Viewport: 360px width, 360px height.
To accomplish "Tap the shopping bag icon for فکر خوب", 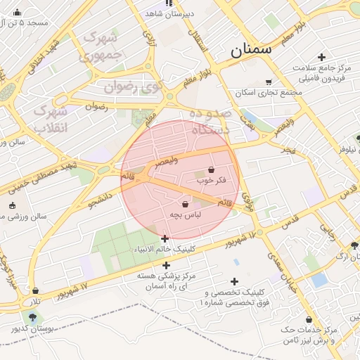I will [211, 169].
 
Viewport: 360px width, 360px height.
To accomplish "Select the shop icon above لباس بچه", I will [185, 204].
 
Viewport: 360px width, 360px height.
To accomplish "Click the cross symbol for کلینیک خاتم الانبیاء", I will [165, 239].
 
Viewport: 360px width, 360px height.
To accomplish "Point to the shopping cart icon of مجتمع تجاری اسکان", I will [268, 82].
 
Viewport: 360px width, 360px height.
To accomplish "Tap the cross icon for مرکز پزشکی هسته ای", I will [166, 266].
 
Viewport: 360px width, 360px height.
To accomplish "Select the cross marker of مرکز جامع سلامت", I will [321, 57].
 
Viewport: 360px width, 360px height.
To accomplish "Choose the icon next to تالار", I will [35, 290].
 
